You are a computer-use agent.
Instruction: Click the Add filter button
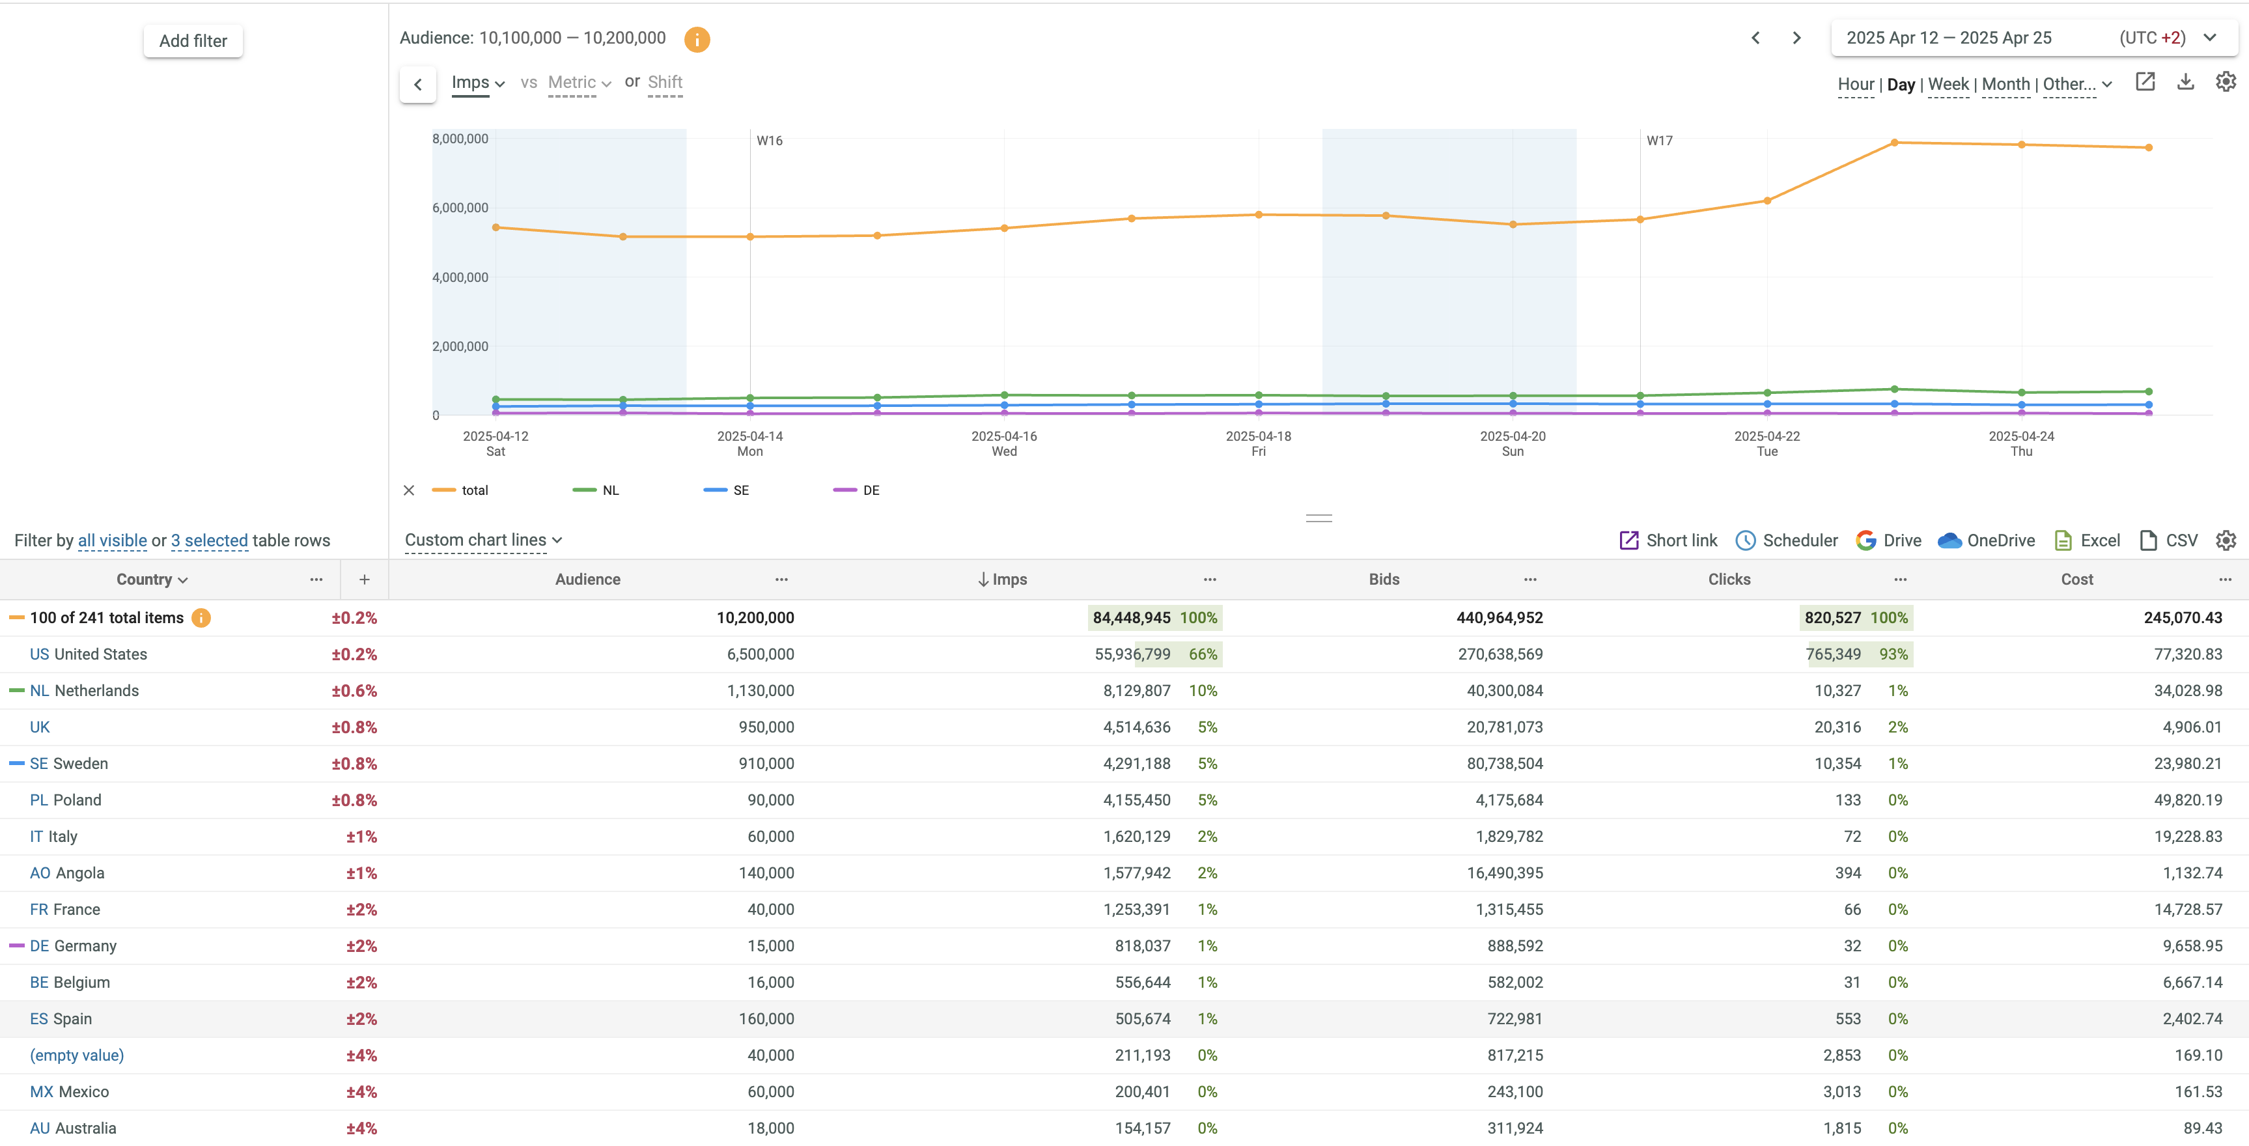pos(193,41)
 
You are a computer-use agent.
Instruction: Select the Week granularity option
pos(1948,85)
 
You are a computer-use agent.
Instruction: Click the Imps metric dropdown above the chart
pos(477,83)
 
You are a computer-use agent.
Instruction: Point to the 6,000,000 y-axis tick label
pos(460,208)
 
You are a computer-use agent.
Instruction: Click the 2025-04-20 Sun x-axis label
pos(1512,443)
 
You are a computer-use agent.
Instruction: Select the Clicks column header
pos(1729,580)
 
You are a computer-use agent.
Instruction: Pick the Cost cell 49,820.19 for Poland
pos(2187,800)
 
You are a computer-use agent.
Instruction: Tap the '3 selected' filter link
pos(210,541)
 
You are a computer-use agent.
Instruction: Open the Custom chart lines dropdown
pos(482,541)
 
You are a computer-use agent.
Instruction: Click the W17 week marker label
pos(1659,141)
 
